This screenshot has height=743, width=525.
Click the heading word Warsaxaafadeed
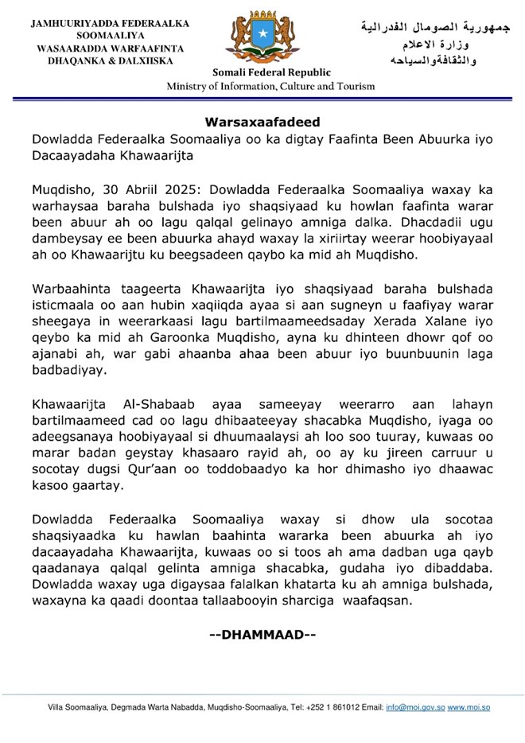(262, 123)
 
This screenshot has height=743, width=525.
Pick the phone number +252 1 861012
(314, 706)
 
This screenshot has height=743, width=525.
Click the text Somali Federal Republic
(261, 73)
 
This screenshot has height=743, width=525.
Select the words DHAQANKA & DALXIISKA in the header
(104, 60)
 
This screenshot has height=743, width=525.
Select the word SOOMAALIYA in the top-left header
(104, 37)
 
